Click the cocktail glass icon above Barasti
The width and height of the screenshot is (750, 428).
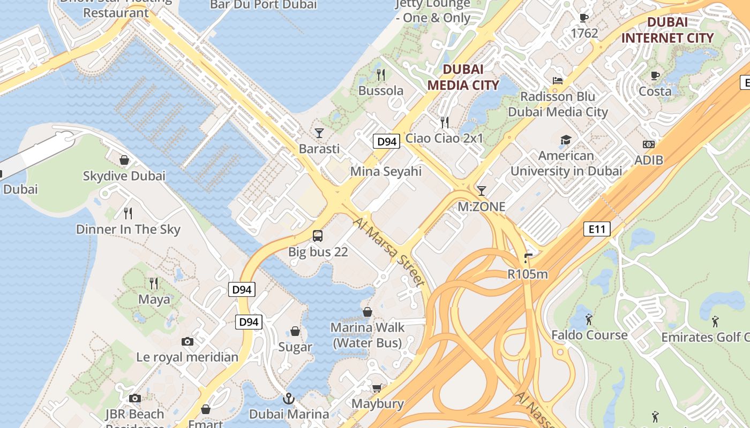click(319, 133)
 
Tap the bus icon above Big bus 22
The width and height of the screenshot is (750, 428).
click(318, 235)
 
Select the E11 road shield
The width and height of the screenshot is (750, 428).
click(597, 230)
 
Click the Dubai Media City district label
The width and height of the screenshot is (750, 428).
click(463, 77)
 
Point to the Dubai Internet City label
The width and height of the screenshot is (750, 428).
click(667, 30)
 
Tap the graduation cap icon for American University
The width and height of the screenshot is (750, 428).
click(566, 140)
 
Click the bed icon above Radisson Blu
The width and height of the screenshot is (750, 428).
click(558, 81)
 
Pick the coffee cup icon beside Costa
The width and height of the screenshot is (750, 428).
click(655, 75)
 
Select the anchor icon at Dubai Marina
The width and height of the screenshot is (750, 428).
click(289, 399)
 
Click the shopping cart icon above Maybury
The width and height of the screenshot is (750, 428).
click(377, 388)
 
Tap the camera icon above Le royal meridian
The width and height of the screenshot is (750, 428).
click(187, 341)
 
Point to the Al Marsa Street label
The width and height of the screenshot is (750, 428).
click(389, 251)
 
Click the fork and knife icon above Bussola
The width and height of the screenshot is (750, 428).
click(381, 74)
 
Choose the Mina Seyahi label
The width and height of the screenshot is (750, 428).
click(386, 171)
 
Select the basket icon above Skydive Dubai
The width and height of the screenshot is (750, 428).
click(124, 160)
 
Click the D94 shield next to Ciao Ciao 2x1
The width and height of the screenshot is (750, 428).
click(386, 141)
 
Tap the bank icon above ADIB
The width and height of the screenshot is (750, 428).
click(649, 144)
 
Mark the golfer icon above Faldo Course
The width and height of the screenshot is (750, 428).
click(589, 319)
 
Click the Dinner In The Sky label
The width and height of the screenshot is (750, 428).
click(128, 230)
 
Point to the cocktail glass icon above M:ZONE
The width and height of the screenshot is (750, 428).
click(481, 190)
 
